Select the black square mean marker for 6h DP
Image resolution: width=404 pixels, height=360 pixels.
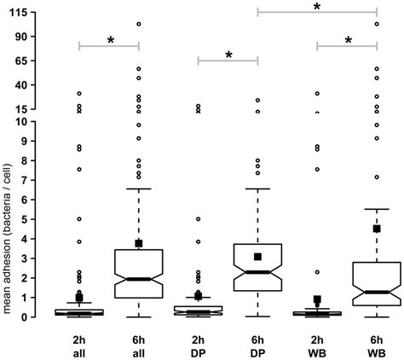click(x=257, y=257)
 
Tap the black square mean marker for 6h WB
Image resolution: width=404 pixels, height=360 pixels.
click(x=377, y=229)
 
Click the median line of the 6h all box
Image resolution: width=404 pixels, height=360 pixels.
click(x=138, y=279)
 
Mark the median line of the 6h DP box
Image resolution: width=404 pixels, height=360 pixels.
click(x=257, y=272)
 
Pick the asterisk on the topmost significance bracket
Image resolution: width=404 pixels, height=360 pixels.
click(x=317, y=7)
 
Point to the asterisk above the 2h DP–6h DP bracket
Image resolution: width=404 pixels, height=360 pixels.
click(x=228, y=55)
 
